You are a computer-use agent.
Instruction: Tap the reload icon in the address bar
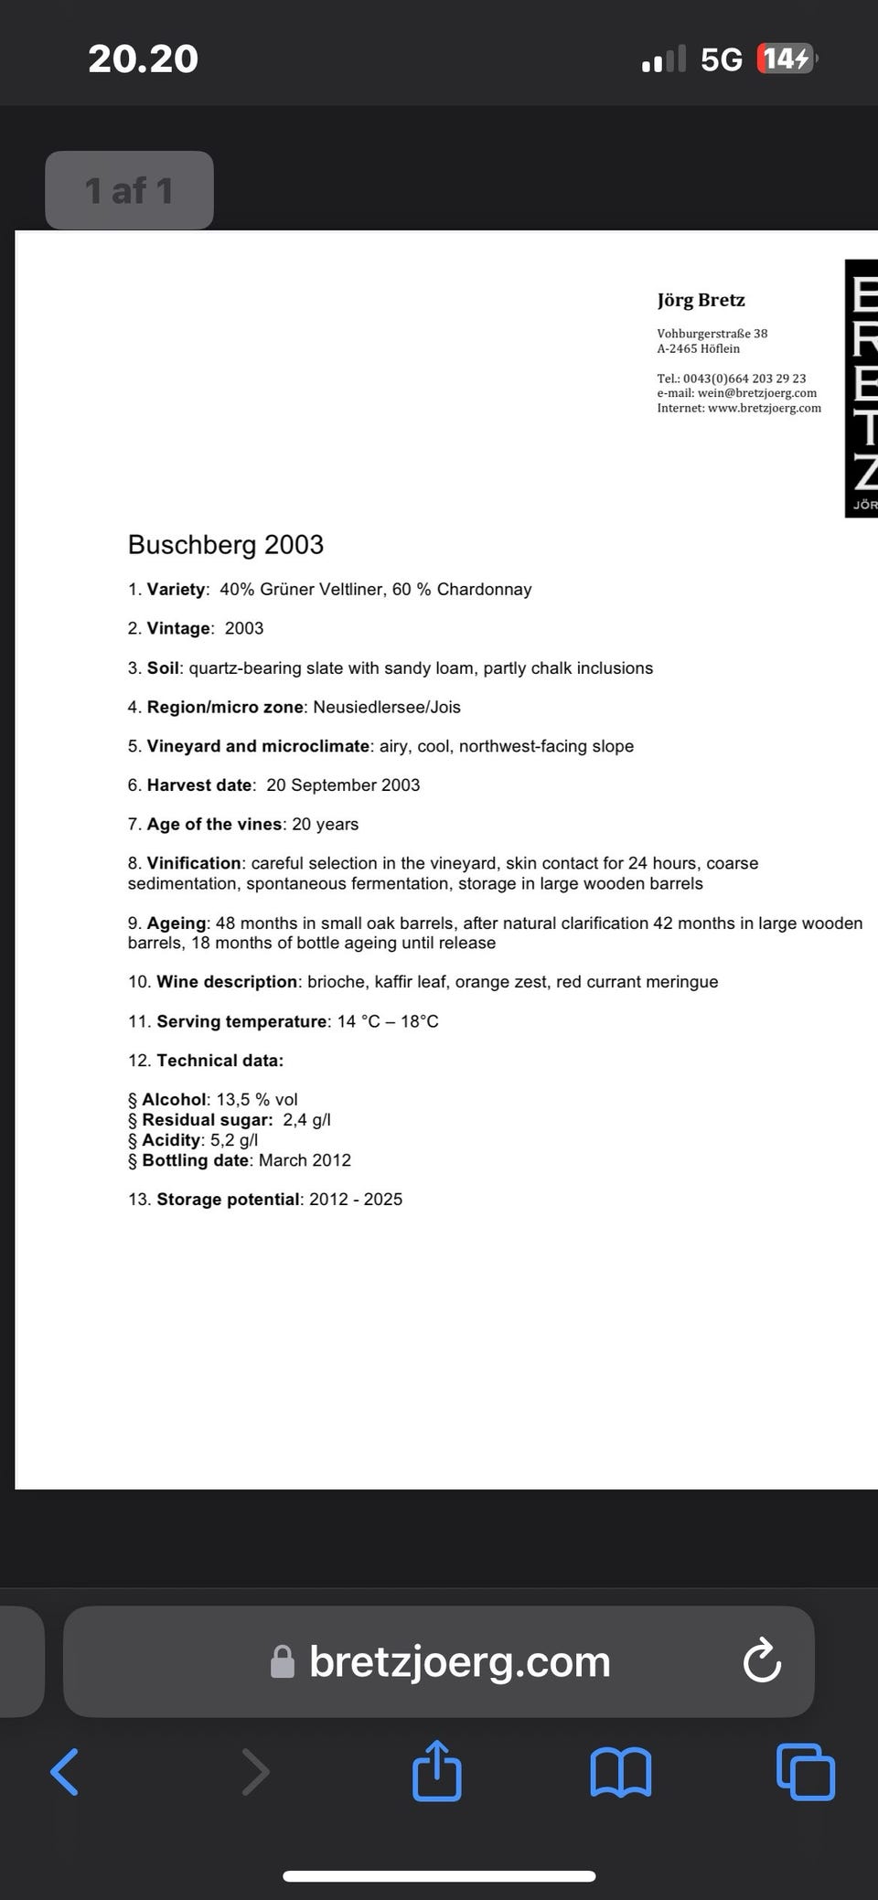pyautogui.click(x=762, y=1661)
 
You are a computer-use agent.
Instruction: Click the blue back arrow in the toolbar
pyautogui.click(x=64, y=1772)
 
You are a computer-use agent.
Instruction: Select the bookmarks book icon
pyautogui.click(x=621, y=1772)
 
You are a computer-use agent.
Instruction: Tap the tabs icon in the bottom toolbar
pyautogui.click(x=805, y=1772)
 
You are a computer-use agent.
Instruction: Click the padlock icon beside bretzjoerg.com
pyautogui.click(x=283, y=1662)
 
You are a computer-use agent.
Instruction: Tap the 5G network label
pyautogui.click(x=721, y=59)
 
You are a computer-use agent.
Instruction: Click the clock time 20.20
pyautogui.click(x=143, y=59)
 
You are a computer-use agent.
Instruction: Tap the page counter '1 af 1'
pyautogui.click(x=129, y=190)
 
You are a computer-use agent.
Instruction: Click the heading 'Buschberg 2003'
pyautogui.click(x=226, y=545)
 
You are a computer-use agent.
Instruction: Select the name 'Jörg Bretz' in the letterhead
pyautogui.click(x=701, y=300)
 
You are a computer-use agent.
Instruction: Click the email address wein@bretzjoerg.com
pyautogui.click(x=757, y=393)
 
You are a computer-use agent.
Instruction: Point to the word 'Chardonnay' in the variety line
pyautogui.click(x=484, y=590)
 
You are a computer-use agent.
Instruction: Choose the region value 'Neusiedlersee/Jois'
pyautogui.click(x=387, y=707)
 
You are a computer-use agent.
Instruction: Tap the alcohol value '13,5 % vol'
pyautogui.click(x=257, y=1099)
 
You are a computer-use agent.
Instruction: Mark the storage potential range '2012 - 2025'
pyautogui.click(x=356, y=1200)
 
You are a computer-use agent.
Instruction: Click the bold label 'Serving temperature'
pyautogui.click(x=241, y=1021)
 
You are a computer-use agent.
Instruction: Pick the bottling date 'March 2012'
pyautogui.click(x=305, y=1160)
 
